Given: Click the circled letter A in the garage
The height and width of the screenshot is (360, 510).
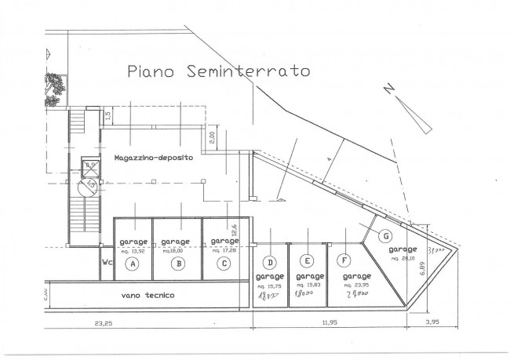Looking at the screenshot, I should click(133, 264).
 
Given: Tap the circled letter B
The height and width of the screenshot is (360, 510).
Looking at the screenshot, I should click(179, 264).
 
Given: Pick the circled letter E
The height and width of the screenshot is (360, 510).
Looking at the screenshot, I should click(308, 261).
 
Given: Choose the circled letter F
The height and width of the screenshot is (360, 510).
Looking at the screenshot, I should click(344, 260).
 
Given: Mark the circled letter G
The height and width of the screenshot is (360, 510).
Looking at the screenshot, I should click(384, 235).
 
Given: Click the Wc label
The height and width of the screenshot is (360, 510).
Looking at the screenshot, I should click(105, 264).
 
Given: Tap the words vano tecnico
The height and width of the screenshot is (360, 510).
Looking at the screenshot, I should click(148, 296).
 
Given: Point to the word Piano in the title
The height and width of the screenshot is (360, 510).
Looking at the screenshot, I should click(152, 72).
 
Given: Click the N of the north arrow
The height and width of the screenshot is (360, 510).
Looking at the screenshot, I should click(388, 89).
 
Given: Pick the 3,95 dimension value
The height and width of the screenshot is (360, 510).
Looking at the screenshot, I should click(432, 322).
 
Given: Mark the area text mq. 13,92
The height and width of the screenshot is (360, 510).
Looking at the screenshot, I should click(133, 250).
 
